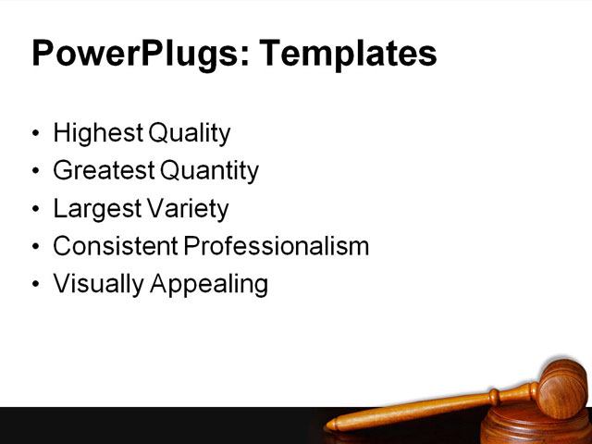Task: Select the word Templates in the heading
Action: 348,54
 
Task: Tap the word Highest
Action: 97,134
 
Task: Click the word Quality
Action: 189,134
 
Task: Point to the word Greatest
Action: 104,171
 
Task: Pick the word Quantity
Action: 209,171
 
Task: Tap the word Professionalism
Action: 276,247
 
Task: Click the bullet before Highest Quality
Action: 36,135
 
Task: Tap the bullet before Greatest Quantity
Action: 36,172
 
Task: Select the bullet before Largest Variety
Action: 36,210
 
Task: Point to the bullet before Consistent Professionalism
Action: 36,248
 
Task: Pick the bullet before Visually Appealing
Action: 36,285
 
